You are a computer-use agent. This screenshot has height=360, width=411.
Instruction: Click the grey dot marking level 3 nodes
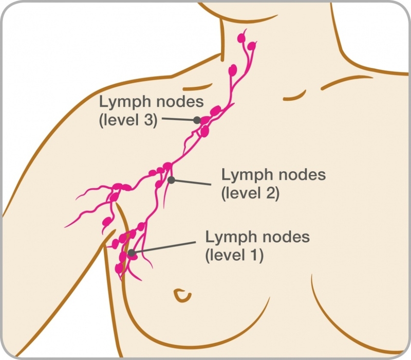click(197, 120)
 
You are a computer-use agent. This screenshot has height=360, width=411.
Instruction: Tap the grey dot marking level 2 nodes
click(171, 180)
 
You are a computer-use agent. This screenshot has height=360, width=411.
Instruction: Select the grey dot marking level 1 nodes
click(132, 253)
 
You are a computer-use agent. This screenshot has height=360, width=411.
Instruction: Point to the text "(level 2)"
click(250, 193)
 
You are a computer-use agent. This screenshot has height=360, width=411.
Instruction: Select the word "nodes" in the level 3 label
click(177, 101)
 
